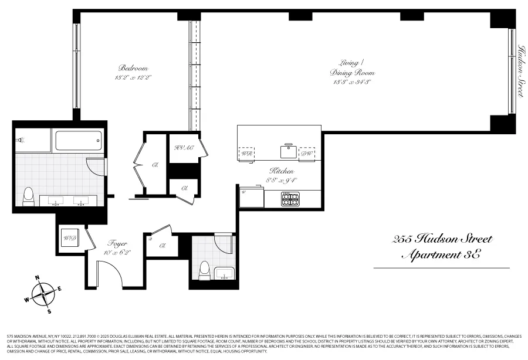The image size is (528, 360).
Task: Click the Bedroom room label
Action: click(133, 68)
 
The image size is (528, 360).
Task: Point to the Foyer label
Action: click(117, 243)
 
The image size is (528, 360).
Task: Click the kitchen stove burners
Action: click(290, 199)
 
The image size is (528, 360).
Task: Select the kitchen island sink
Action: click(288, 152)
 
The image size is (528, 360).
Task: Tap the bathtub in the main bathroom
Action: click(79, 141)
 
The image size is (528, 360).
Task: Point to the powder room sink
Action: click(224, 274)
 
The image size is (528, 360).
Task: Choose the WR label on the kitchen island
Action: click(247, 154)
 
